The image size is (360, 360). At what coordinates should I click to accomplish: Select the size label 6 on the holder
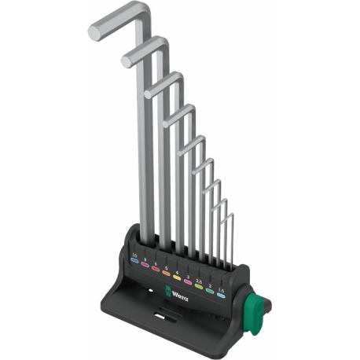156,264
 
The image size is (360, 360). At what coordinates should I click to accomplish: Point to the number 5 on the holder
167,268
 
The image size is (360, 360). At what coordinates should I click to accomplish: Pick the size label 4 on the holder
178,272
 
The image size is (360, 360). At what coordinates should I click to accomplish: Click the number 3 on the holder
188,276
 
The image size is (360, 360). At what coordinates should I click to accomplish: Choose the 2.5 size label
198,280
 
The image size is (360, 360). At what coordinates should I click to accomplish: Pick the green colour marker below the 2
209,291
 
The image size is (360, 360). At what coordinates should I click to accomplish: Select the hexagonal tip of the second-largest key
126,60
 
